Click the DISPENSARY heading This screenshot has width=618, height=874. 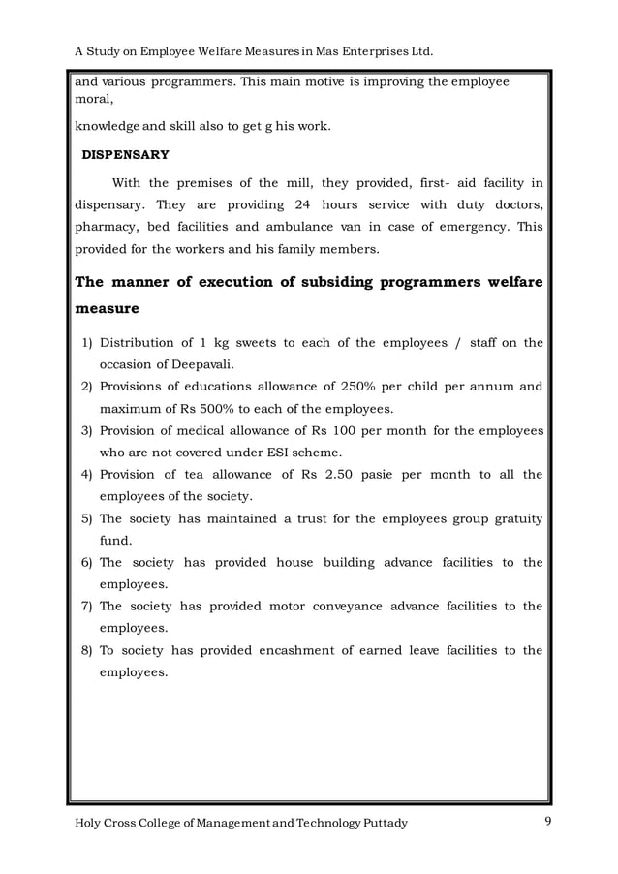[124, 154]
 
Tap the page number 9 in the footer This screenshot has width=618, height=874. [547, 823]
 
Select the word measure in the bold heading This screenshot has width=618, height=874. [108, 310]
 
